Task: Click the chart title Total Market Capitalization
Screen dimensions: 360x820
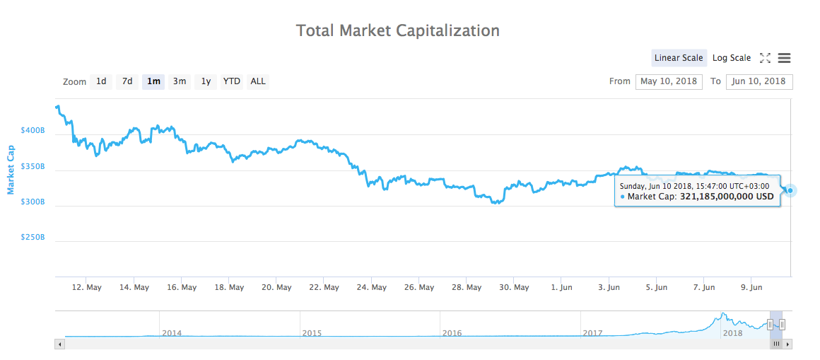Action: [x=397, y=30]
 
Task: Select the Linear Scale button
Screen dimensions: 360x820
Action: [x=679, y=58]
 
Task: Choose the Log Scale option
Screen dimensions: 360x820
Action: [x=731, y=58]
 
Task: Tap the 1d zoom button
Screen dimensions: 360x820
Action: [x=101, y=81]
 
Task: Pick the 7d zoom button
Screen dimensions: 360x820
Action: [x=127, y=81]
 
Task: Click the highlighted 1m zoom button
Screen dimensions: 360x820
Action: [x=153, y=81]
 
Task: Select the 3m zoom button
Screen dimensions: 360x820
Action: [x=180, y=81]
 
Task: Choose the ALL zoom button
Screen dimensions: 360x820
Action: [x=258, y=81]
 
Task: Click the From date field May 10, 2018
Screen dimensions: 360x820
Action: [x=668, y=81]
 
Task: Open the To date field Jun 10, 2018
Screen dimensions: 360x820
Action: [x=758, y=81]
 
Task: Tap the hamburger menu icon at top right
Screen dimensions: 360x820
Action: [x=784, y=58]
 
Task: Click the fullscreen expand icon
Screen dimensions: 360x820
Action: [x=765, y=58]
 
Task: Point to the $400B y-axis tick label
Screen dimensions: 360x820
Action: [x=33, y=131]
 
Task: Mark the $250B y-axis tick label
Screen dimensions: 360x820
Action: [x=33, y=238]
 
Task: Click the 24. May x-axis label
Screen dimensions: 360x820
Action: [x=372, y=287]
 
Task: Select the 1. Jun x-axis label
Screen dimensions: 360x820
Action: [x=561, y=287]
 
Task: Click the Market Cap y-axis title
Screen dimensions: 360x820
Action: [x=11, y=170]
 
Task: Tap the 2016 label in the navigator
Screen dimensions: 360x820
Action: [x=452, y=332]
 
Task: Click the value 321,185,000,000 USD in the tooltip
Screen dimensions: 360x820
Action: [x=727, y=197]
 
